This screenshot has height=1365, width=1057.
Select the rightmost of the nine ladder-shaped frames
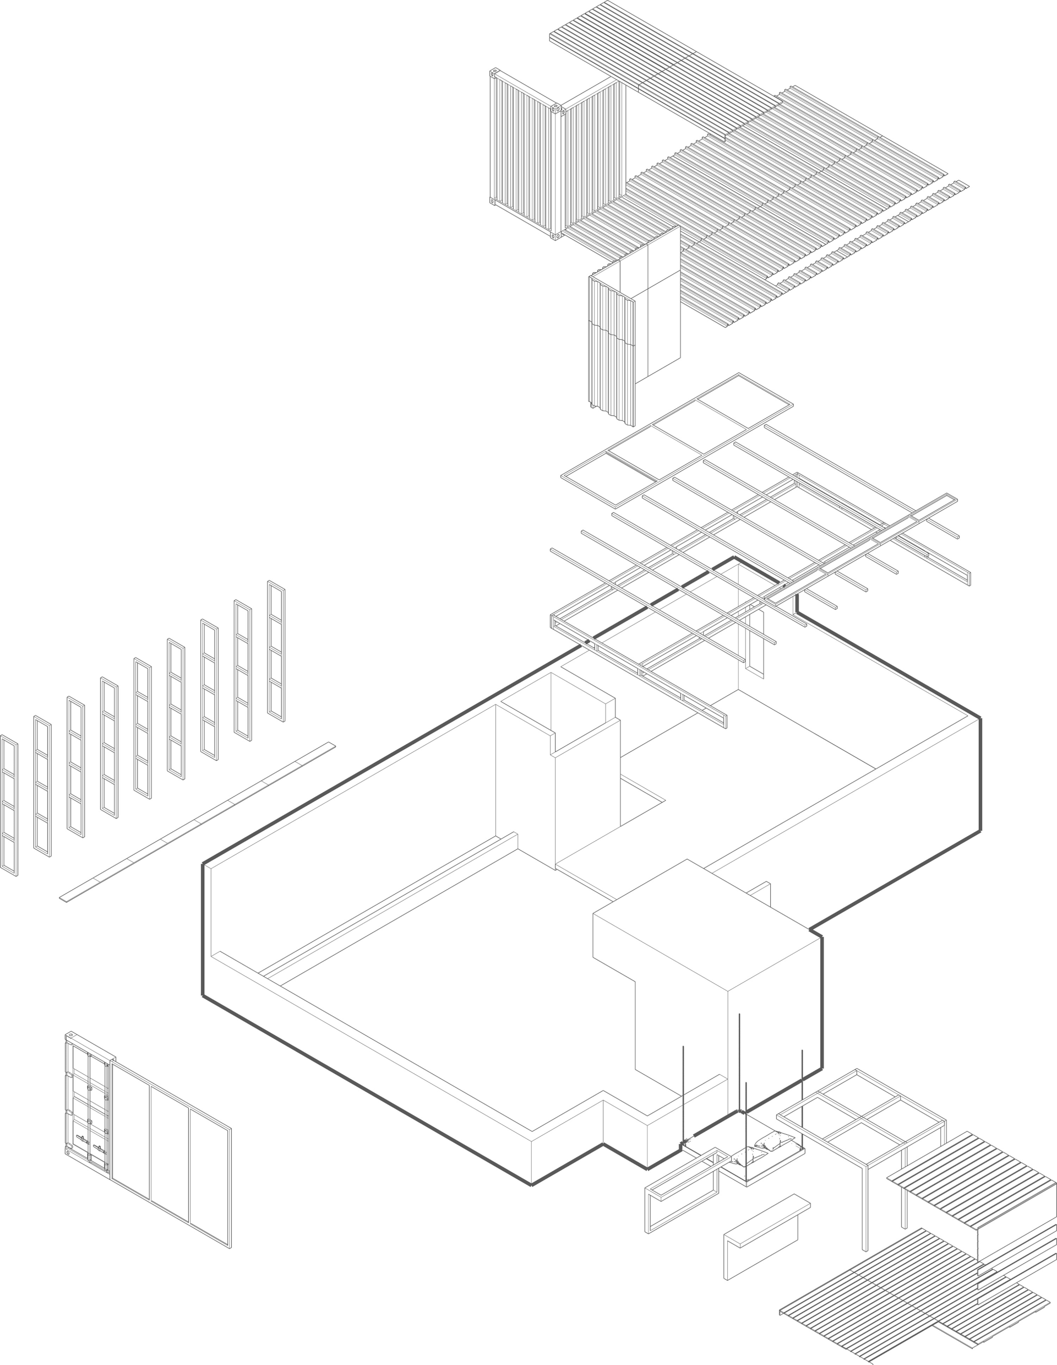pyautogui.click(x=276, y=651)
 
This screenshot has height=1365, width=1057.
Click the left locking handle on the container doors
pyautogui.click(x=81, y=1139)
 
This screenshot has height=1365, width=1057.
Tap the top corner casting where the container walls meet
pyautogui.click(x=555, y=109)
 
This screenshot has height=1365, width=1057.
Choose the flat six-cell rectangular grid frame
pyautogui.click(x=676, y=440)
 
